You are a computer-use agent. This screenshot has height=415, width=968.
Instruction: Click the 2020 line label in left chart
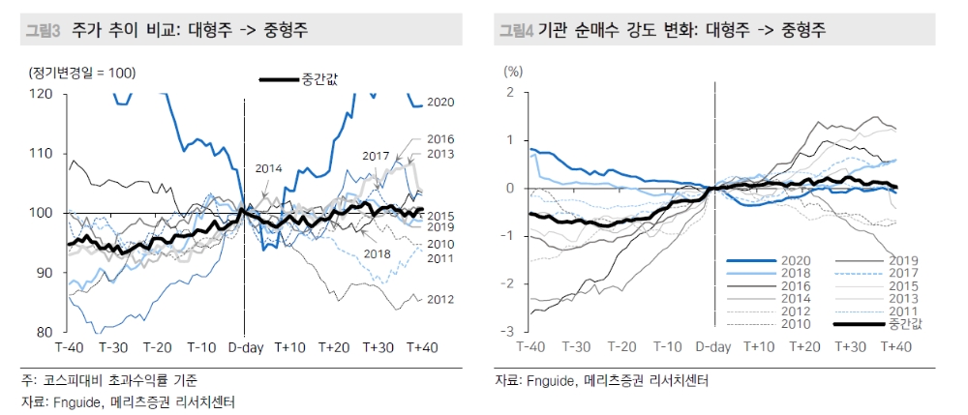coord(440,102)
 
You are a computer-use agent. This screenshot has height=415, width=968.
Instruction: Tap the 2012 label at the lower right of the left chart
coord(440,299)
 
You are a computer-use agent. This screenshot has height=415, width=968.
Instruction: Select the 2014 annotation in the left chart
coord(269,168)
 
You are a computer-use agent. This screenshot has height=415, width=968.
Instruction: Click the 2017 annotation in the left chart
coord(377,156)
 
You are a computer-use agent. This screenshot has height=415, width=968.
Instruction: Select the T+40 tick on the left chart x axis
coord(423,347)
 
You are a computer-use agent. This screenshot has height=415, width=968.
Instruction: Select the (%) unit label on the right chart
coord(513,72)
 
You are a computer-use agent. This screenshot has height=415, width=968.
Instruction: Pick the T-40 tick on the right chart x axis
coord(532,347)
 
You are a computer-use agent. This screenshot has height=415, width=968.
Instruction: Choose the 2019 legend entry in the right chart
coord(902,261)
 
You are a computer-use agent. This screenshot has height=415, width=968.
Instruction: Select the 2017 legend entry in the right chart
coord(902,274)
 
